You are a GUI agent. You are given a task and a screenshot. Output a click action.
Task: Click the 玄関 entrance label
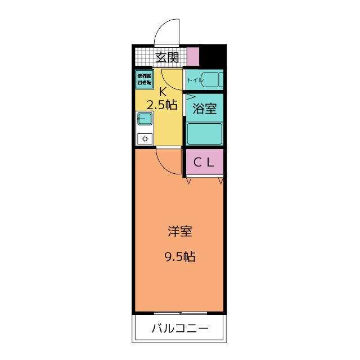(x=167, y=57)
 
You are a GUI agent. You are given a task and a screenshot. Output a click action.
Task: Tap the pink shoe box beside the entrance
(x=192, y=57)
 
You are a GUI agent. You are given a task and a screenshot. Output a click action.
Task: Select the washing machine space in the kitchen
(x=143, y=79)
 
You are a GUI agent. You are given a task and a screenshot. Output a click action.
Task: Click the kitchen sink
(x=144, y=119)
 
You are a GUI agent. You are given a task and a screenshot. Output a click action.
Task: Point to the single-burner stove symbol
(x=145, y=138)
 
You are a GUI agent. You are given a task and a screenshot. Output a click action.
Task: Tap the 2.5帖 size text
(x=163, y=105)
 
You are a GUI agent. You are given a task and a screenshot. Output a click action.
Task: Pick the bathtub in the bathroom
(x=205, y=134)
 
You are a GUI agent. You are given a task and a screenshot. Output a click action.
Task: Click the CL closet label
(x=205, y=163)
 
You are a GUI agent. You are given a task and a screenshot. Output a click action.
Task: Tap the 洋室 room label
(x=179, y=231)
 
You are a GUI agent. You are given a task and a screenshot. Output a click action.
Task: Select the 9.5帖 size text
(x=179, y=257)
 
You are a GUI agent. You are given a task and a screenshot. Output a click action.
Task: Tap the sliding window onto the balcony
(x=179, y=312)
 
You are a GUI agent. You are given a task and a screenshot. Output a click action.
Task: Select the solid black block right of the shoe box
(x=212, y=57)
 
